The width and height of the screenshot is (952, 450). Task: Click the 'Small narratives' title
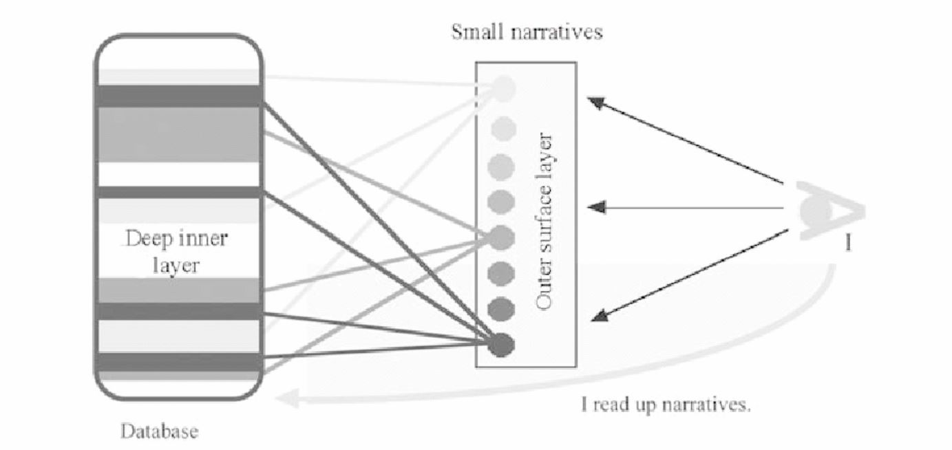click(x=527, y=32)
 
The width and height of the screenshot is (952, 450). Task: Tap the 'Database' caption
click(x=160, y=432)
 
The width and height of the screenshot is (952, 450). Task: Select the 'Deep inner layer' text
click(x=178, y=253)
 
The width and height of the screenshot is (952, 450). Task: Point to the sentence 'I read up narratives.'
click(x=666, y=405)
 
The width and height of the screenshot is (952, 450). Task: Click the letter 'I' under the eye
click(x=847, y=243)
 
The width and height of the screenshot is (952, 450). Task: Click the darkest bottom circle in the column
click(x=503, y=345)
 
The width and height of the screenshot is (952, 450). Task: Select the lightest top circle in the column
click(x=504, y=87)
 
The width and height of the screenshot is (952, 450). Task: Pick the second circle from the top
click(x=503, y=127)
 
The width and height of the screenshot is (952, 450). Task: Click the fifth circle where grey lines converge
click(x=503, y=237)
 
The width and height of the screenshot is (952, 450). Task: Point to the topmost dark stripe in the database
click(x=178, y=96)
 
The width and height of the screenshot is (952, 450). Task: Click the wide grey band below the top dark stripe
click(x=178, y=134)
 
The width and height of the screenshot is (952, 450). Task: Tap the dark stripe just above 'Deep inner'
click(x=178, y=192)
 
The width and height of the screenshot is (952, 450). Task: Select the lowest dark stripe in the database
click(x=178, y=362)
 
